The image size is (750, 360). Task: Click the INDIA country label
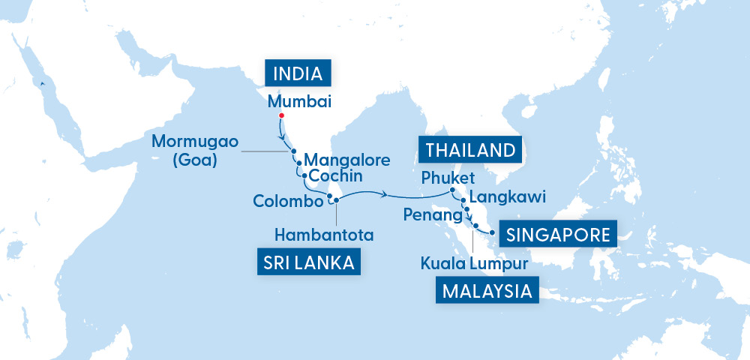[298, 73]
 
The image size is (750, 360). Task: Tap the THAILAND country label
[471, 149]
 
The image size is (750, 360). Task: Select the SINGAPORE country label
[557, 234]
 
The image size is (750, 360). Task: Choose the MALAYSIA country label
[487, 290]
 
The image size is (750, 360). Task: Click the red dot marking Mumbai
[281, 115]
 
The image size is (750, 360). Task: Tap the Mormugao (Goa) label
[192, 149]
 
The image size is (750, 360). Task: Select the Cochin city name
[336, 176]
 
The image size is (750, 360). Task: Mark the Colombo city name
[288, 201]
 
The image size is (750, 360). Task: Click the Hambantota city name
[324, 235]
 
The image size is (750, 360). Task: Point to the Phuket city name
[448, 177]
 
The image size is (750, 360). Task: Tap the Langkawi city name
[506, 196]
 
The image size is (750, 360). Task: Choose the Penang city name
[431, 216]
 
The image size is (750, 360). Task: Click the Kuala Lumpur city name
[475, 263]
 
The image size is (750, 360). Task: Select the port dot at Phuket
[454, 190]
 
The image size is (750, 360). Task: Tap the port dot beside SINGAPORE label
[492, 233]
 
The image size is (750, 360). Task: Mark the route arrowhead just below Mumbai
[283, 139]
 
